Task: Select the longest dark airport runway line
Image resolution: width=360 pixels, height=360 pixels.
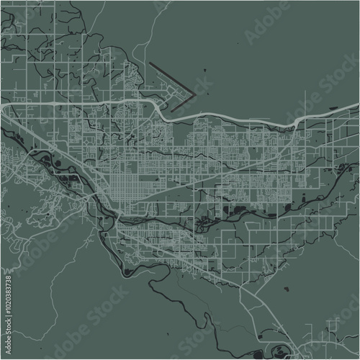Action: [x=173, y=78]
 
